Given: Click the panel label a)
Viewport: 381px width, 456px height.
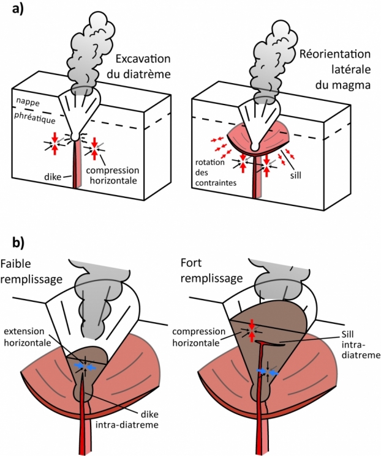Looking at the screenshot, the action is [18, 9].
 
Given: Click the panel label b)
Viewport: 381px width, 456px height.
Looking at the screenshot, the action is [18, 243].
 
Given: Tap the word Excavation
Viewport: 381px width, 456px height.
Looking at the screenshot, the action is [143, 59].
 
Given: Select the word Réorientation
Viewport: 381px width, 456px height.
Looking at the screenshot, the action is [335, 54].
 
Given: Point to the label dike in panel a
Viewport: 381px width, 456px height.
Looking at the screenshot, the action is [53, 177].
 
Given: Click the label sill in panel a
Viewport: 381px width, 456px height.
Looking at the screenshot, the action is [295, 175].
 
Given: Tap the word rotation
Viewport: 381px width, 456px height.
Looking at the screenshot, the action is [210, 162].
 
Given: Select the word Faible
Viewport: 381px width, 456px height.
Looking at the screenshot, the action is [15, 263].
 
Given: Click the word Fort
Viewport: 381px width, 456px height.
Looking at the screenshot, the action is [191, 263].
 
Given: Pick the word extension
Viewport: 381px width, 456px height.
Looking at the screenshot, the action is [24, 331].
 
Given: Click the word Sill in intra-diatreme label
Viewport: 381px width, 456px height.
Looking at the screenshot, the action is [347, 334].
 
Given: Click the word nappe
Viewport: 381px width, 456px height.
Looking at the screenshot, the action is [28, 102].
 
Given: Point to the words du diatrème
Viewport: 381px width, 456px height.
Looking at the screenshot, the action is [138, 74].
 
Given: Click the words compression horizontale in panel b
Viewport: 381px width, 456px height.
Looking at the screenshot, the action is [198, 337].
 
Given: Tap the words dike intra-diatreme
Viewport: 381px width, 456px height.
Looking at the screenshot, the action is [127, 419].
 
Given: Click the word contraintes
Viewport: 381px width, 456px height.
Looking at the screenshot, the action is [216, 183].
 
